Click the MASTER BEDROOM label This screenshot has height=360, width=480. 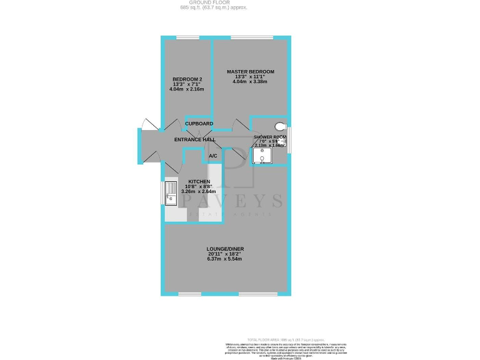tap(250, 72)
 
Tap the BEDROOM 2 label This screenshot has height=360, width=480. tap(187, 79)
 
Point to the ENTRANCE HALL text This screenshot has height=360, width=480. tap(195, 139)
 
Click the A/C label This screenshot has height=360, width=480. tap(212, 156)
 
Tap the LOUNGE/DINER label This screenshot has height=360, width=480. tap(226, 249)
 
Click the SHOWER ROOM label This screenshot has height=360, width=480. tap(270, 137)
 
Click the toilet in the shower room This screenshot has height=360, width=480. tap(279, 126)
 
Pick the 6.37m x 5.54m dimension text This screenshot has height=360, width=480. tap(226, 259)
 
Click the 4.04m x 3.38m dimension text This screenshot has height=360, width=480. tap(250, 82)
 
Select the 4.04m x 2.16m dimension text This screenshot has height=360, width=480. tap(187, 89)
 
